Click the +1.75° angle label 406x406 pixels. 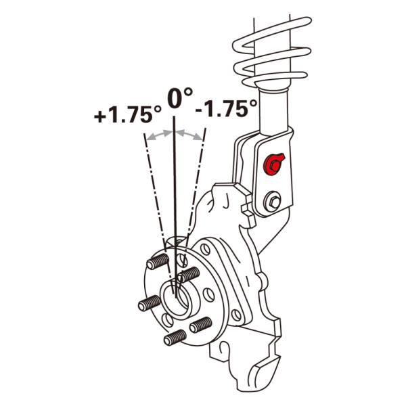[128, 114]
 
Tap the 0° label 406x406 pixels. [180, 98]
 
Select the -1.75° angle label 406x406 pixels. [226, 108]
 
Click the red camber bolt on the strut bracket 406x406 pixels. [274, 164]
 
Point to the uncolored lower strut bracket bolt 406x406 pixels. [273, 201]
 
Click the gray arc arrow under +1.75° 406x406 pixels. [159, 135]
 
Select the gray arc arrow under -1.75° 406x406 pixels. [189, 135]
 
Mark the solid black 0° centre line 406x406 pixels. [175, 207]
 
